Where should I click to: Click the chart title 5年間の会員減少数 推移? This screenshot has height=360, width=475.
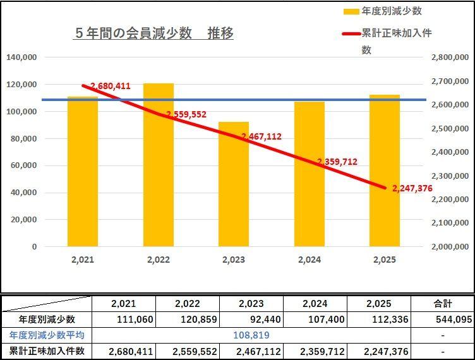pyautogui.click(x=153, y=33)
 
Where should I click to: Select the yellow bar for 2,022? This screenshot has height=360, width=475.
pyautogui.click(x=158, y=164)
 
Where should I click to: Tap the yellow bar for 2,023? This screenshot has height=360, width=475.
pyautogui.click(x=234, y=183)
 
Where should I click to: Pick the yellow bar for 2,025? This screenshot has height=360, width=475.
pyautogui.click(x=385, y=171)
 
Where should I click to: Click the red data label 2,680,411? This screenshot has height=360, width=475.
pyautogui.click(x=111, y=86)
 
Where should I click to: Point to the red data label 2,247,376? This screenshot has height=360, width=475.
pyautogui.click(x=412, y=188)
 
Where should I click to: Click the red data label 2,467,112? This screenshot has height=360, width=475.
pyautogui.click(x=261, y=136)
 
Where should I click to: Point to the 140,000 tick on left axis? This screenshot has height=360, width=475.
pyautogui.click(x=21, y=57)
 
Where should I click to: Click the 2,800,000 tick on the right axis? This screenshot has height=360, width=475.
pyautogui.click(x=448, y=57)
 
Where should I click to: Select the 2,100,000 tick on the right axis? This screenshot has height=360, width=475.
pyautogui.click(x=448, y=223)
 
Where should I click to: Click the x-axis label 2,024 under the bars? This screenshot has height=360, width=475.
pyautogui.click(x=309, y=260)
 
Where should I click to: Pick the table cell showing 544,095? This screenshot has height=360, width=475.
pyautogui.click(x=453, y=319)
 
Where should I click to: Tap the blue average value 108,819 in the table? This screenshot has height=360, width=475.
pyautogui.click(x=251, y=335)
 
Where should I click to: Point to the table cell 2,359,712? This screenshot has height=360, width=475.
pyautogui.click(x=322, y=351)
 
